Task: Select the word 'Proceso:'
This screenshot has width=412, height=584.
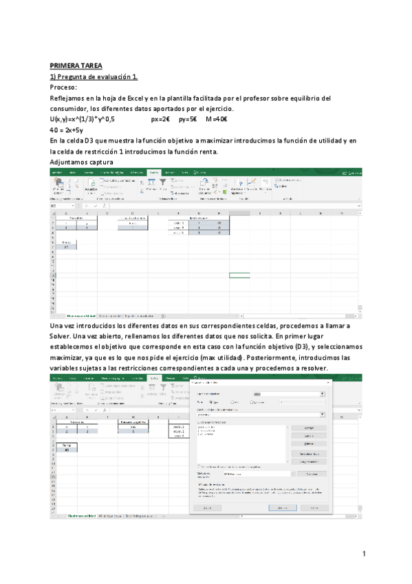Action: (x=64, y=87)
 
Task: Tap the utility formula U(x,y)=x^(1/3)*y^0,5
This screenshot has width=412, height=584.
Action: (x=87, y=119)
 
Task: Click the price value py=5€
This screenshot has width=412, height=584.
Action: (x=188, y=119)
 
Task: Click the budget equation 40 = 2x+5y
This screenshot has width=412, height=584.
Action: (x=67, y=130)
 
